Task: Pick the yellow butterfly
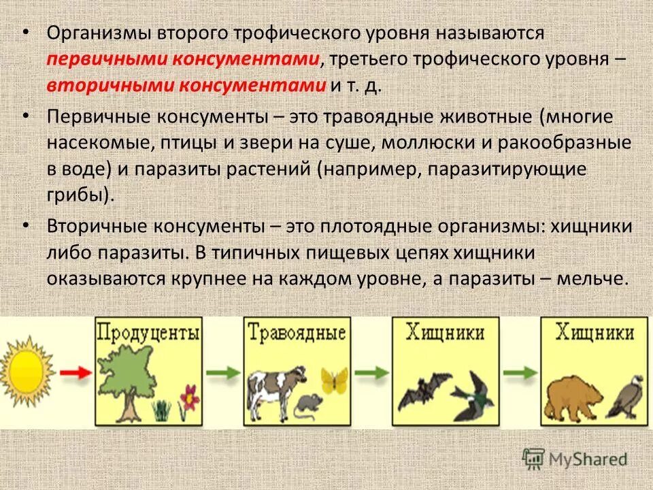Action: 334,380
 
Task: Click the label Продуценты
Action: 148,333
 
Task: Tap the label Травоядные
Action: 297,333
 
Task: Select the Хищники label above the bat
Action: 446,333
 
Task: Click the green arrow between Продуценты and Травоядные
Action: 222,372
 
